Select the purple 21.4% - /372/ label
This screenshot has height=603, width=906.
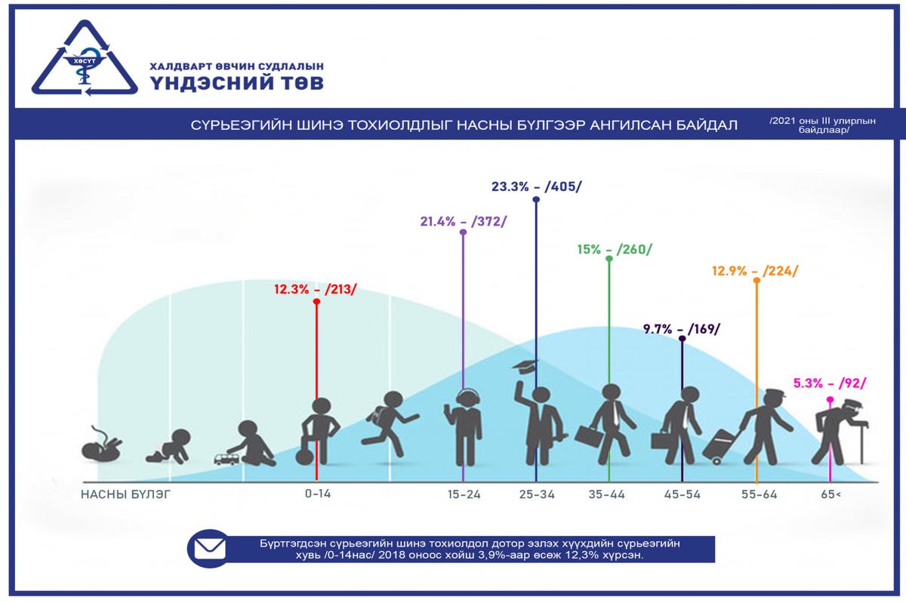click(x=463, y=221)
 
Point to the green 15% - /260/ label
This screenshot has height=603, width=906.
click(x=611, y=249)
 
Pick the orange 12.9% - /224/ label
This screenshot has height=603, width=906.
click(x=755, y=271)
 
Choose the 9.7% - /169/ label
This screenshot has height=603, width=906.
click(x=682, y=328)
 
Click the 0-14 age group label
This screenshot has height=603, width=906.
click(x=318, y=494)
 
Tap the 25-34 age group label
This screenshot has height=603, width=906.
click(x=537, y=494)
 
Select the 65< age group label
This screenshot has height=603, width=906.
click(x=830, y=494)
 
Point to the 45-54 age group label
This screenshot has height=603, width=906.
click(x=683, y=494)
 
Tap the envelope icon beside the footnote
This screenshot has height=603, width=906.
click(x=210, y=549)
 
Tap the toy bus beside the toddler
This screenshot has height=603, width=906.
click(x=226, y=458)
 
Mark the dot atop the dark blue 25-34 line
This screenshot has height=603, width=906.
click(x=536, y=200)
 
